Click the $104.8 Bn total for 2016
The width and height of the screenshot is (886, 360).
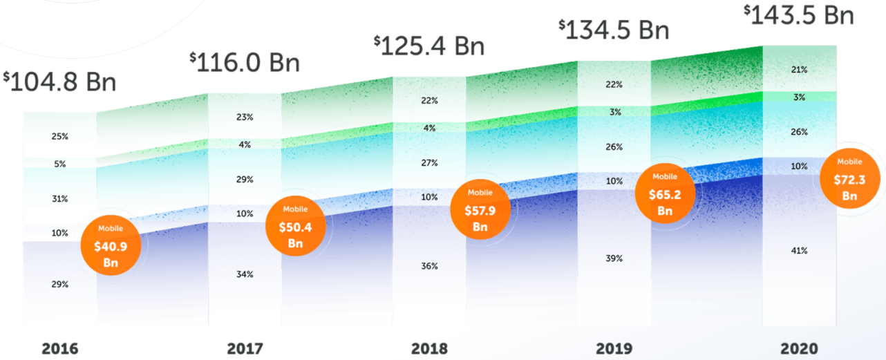click(59, 81)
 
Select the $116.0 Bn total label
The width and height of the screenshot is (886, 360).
click(245, 62)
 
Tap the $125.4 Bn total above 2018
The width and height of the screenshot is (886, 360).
click(429, 46)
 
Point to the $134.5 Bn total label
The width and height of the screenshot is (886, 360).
click(614, 29)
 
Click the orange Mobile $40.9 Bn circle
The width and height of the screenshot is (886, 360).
click(111, 245)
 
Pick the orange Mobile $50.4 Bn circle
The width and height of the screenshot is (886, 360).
click(295, 226)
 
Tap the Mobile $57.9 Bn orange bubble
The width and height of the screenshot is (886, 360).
click(480, 209)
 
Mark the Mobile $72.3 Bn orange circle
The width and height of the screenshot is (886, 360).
click(849, 179)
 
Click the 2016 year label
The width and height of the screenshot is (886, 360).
click(59, 349)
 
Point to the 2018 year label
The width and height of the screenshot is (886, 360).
click(428, 348)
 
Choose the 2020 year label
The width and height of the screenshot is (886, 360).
click(798, 348)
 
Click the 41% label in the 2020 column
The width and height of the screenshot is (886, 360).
click(799, 250)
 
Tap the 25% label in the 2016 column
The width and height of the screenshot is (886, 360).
click(59, 137)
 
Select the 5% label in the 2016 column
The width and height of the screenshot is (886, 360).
click(59, 164)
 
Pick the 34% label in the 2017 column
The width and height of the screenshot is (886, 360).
click(245, 274)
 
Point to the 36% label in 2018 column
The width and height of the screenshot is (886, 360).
click(429, 266)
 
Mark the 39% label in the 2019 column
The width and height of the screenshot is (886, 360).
click(614, 258)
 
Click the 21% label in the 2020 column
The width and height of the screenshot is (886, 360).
click(799, 70)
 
